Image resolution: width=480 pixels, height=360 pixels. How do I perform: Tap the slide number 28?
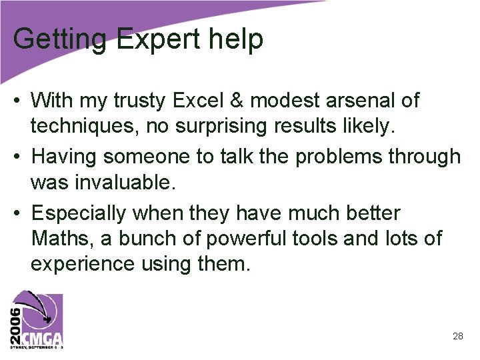[x=457, y=336]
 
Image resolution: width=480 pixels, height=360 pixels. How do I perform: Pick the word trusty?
[x=140, y=101]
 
